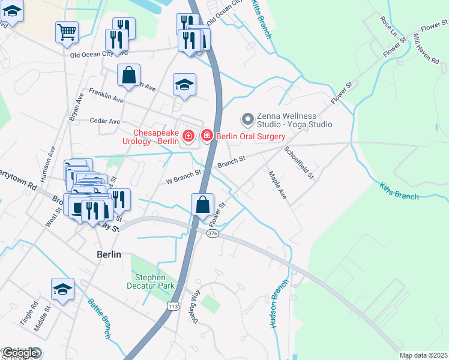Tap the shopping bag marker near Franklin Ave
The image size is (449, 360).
pyautogui.click(x=128, y=76)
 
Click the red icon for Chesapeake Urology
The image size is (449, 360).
pyautogui.click(x=188, y=137)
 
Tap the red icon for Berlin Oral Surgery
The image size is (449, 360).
pyautogui.click(x=207, y=137)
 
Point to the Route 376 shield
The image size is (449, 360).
pyautogui.click(x=212, y=233)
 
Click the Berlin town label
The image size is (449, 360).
pyautogui.click(x=109, y=254)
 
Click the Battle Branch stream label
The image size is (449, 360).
pyautogui.click(x=100, y=319)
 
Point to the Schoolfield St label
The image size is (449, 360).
pyautogui.click(x=299, y=162)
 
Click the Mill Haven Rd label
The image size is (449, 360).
pyautogui.click(x=426, y=49)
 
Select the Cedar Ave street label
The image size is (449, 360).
pyautogui.click(x=104, y=121)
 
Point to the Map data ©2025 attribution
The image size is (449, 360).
pyautogui.click(x=423, y=355)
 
